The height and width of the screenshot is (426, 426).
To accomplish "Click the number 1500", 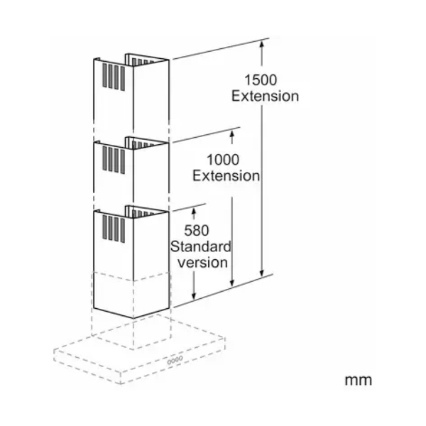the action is click(261, 80).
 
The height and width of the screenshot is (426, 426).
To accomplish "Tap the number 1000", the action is click(223, 160).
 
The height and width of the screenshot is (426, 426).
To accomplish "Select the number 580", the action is click(197, 230).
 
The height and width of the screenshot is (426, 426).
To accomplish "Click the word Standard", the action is click(201, 246).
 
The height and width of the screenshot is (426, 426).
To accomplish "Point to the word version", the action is click(202, 263).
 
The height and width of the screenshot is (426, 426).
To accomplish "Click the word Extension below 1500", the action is click(265, 96).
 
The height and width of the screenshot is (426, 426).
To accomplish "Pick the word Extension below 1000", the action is click(226, 176).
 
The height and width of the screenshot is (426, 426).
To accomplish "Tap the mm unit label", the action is click(359, 380).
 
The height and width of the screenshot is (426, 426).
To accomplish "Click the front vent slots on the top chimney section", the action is click(114, 77).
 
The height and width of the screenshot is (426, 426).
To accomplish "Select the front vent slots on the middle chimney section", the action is click(114, 160).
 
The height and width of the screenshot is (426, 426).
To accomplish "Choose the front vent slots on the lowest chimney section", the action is click(114, 229).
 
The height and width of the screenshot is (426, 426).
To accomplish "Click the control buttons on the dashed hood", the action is click(175, 360).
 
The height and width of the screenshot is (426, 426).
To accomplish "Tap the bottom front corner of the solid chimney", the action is click(133, 318).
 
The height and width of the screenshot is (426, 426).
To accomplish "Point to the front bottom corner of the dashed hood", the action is click(121, 384).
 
